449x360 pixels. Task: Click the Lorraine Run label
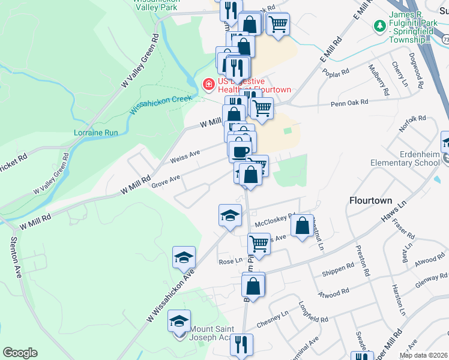pyautogui.click(x=95, y=133)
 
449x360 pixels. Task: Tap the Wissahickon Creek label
pyautogui.click(x=161, y=104)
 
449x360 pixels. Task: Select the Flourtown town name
pyautogui.click(x=370, y=200)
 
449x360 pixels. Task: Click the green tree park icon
pyautogui.click(x=379, y=26)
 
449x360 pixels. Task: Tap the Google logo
pyautogui.click(x=20, y=353)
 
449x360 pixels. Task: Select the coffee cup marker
pyautogui.click(x=241, y=152)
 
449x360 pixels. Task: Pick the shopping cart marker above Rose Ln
pyautogui.click(x=259, y=244)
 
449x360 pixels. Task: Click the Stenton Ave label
pyautogui.click(x=15, y=257)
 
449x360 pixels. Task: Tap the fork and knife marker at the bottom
pyautogui.click(x=242, y=345)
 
